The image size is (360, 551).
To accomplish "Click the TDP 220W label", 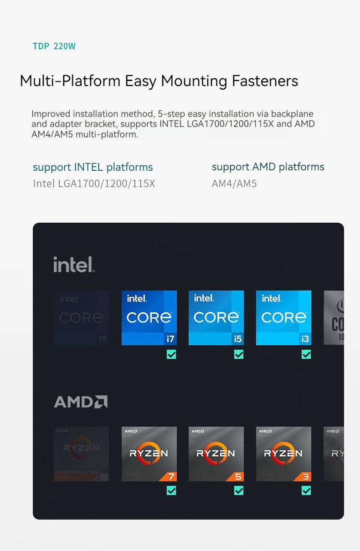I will [54, 46].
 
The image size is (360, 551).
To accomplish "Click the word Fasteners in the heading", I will [265, 81].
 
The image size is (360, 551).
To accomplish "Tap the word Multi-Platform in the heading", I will [70, 81].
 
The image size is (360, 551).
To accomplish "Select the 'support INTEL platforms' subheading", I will [93, 167].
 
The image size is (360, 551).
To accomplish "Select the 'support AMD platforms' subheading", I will [268, 167].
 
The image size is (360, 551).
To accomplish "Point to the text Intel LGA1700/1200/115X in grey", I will [94, 184].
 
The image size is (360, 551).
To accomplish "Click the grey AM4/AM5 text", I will [234, 184].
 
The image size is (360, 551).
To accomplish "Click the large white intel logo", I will [74, 265].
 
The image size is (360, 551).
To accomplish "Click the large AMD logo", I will [81, 402].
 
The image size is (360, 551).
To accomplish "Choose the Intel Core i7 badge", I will [149, 317].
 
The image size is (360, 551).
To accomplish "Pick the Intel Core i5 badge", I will [216, 317].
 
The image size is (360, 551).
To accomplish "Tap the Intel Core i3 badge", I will [283, 317].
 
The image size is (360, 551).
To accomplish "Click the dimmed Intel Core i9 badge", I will [81, 317].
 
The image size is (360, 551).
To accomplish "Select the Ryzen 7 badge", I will [149, 454].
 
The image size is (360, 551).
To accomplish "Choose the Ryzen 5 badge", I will [216, 454].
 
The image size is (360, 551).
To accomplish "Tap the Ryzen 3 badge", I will [283, 454].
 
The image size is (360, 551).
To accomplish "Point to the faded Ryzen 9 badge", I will [81, 454].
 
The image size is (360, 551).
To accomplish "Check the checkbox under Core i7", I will [171, 354].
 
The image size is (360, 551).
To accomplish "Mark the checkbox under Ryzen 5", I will [239, 490].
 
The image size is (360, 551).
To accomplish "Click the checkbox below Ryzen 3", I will [306, 490].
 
